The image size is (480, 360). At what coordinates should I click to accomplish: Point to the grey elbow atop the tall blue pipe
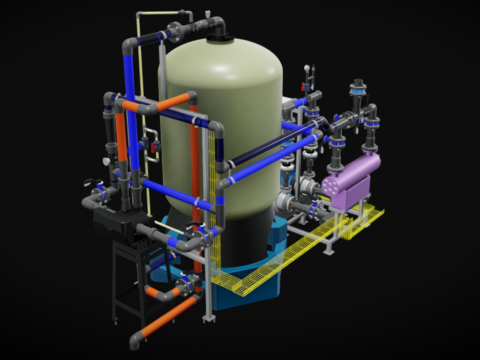(129, 46)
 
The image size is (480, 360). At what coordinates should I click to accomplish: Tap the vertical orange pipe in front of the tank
(197, 165)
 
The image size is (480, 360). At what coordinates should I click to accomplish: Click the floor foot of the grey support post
(209, 318)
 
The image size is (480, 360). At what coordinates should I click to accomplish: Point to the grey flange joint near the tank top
(177, 29)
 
